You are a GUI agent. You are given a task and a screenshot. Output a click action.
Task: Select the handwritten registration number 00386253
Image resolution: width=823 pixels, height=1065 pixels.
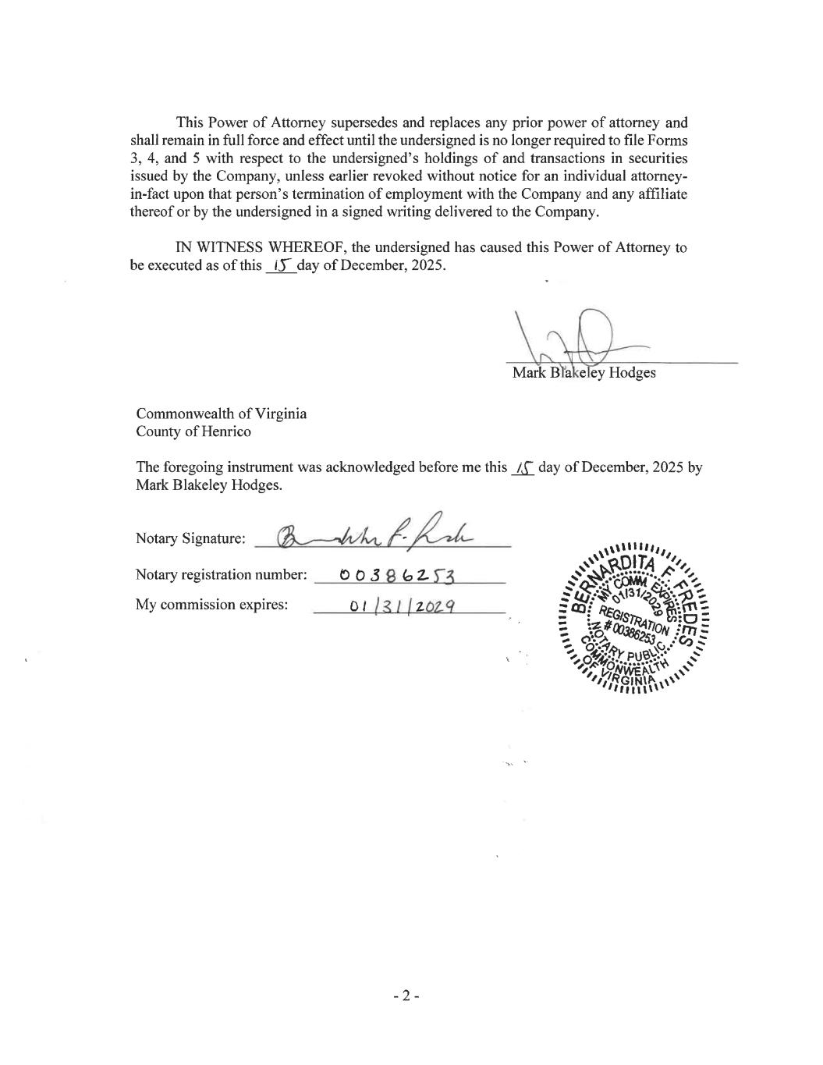point(398,576)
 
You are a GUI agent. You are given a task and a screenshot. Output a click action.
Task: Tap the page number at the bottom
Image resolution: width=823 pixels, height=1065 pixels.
point(406,996)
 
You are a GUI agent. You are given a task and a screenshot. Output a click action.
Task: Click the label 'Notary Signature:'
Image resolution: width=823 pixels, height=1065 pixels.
point(190,538)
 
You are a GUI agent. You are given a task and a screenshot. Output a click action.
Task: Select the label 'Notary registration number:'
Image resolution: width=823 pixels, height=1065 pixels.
point(221,575)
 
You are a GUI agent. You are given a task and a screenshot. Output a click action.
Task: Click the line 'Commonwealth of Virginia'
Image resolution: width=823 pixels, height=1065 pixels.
point(221,414)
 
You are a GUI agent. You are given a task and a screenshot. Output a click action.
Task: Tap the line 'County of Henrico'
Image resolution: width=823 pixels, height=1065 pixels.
point(193,431)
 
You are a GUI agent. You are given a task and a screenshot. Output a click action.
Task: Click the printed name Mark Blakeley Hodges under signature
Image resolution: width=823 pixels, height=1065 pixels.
point(584,373)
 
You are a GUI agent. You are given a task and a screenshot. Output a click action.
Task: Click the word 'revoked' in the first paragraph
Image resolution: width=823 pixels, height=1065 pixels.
point(392,176)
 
